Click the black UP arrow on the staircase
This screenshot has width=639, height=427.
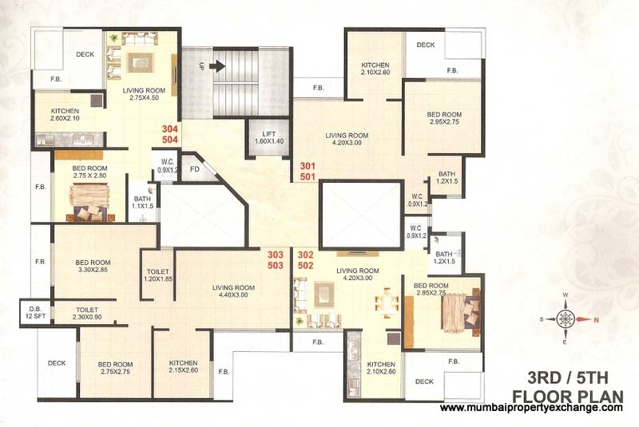[x=217, y=66]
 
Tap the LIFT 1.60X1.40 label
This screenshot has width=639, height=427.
[x=269, y=137]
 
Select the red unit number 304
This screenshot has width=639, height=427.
[x=170, y=129]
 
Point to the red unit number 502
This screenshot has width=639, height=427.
[x=305, y=266]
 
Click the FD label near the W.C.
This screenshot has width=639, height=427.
[x=195, y=169]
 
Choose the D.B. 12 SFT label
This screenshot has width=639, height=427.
[x=35, y=312]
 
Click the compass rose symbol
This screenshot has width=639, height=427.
[x=566, y=318]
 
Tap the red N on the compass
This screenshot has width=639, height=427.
[x=596, y=320]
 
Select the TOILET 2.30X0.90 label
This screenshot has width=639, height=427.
[x=87, y=314]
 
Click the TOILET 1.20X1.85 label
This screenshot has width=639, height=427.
[x=158, y=275]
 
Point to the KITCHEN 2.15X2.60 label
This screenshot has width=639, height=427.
[x=184, y=366]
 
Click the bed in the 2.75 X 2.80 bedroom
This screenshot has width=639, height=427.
[x=89, y=202]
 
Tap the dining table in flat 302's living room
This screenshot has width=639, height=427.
[x=387, y=302]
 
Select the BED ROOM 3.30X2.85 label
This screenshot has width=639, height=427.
[x=93, y=266]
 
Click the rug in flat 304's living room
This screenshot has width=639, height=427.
[x=141, y=63]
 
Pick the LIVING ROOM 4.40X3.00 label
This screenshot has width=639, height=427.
[x=233, y=291]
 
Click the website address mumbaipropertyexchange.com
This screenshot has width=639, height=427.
[x=532, y=408]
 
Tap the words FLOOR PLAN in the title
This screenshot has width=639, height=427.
[x=568, y=396]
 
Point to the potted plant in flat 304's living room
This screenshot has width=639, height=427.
[x=113, y=38]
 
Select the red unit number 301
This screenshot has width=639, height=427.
[x=308, y=166]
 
